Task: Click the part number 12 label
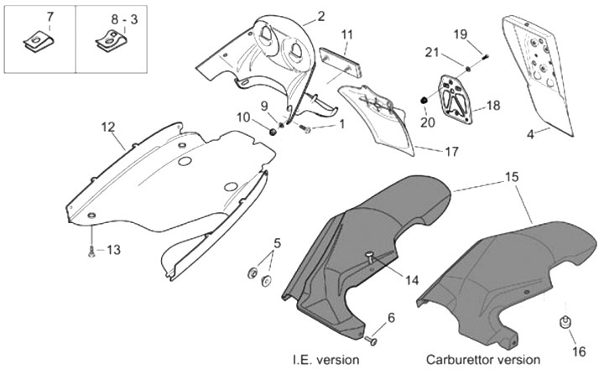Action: coord(107,127)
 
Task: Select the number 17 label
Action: coord(428,153)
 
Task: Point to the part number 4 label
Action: coord(531,133)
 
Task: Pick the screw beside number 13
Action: coord(90,251)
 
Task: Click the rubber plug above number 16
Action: coord(565,321)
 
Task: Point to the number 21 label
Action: coord(431,53)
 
